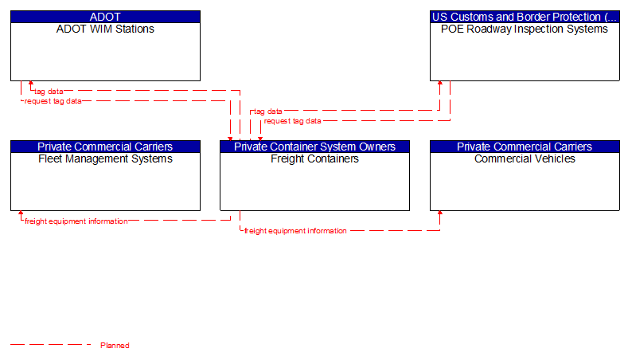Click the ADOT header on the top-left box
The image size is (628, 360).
coord(105,17)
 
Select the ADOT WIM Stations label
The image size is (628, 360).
coord(105,29)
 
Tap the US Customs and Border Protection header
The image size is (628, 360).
coord(525,17)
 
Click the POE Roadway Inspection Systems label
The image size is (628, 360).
coord(525,29)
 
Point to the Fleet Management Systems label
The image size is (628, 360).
coord(105,158)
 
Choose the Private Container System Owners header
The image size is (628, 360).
coord(314,147)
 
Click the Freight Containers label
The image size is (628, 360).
coord(314,158)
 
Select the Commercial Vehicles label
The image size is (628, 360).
coord(525,158)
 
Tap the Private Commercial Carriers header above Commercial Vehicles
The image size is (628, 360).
coord(525,147)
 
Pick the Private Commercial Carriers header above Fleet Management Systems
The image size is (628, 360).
coord(105,147)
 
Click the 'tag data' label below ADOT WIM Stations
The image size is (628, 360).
coord(49,92)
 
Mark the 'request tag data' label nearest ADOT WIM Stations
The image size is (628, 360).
coord(53,101)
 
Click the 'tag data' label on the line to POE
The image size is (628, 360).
coord(267,112)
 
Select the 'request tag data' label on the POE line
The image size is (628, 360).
coord(292,121)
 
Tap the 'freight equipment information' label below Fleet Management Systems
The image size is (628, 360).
coord(76,221)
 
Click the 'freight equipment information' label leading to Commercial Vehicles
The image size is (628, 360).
coord(295,231)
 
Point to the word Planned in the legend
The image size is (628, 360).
coord(115,346)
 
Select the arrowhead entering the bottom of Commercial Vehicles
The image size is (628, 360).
coord(439,214)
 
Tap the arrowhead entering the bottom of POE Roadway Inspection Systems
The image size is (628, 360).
coord(439,84)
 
